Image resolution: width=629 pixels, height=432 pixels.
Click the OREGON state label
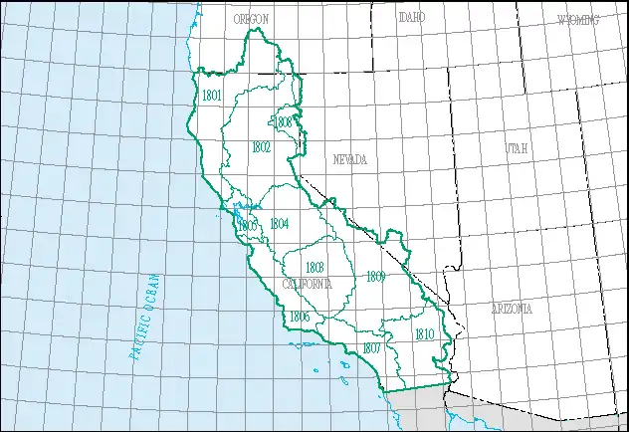click(251, 19)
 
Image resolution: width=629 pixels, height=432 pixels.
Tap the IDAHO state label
click(411, 18)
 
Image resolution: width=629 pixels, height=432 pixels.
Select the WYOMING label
click(578, 20)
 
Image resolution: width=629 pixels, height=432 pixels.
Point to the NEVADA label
click(349, 159)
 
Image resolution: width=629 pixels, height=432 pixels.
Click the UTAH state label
click(517, 148)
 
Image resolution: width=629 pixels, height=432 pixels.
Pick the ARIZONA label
click(511, 309)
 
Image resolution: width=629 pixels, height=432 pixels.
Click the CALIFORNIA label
click(307, 284)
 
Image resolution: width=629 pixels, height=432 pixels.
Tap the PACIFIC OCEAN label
click(145, 314)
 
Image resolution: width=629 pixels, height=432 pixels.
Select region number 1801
click(211, 96)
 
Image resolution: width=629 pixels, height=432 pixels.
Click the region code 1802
click(261, 146)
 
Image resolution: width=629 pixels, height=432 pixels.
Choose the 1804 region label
click(279, 223)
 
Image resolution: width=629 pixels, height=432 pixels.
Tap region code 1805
click(248, 226)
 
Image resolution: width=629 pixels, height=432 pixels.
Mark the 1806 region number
click(299, 317)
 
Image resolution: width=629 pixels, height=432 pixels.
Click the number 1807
click(371, 347)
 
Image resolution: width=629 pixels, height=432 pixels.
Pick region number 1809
click(375, 275)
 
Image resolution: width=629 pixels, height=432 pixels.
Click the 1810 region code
click(424, 334)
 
